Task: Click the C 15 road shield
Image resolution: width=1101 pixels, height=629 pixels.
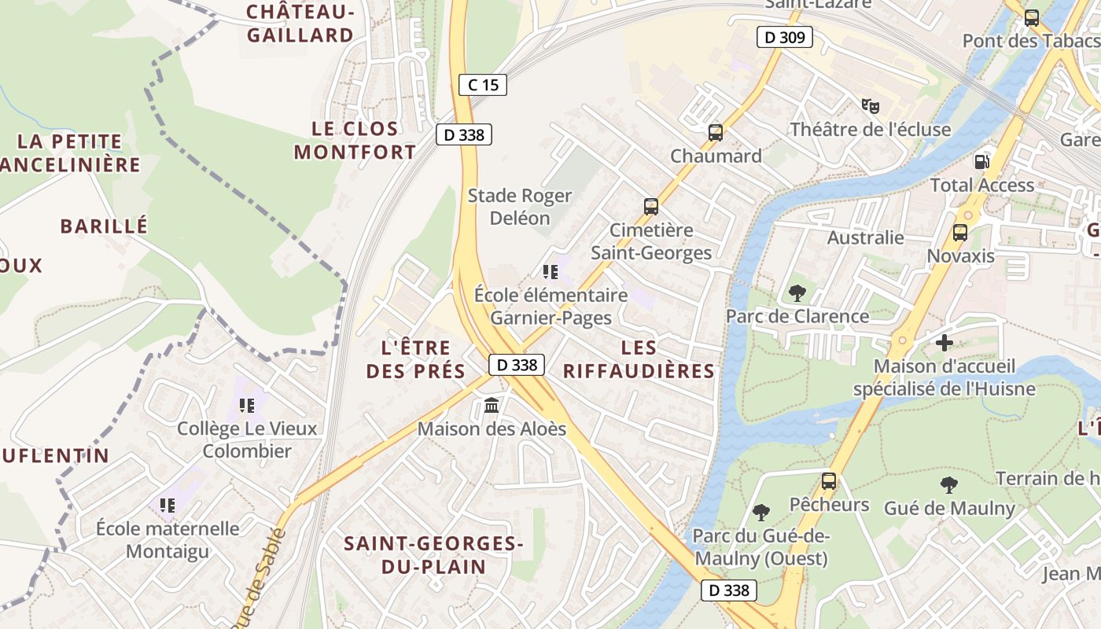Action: click(x=483, y=85)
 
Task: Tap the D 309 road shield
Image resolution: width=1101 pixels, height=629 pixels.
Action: click(x=784, y=37)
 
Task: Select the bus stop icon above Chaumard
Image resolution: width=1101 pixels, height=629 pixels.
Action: click(x=715, y=133)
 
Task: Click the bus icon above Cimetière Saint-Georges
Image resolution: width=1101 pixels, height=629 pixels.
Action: click(x=651, y=207)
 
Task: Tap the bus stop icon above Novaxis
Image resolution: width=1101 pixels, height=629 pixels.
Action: click(x=959, y=233)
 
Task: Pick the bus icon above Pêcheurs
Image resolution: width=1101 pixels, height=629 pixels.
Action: click(x=829, y=481)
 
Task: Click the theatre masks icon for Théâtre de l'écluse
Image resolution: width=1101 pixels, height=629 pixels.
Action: click(x=869, y=106)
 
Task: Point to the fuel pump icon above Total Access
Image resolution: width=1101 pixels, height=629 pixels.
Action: click(x=981, y=161)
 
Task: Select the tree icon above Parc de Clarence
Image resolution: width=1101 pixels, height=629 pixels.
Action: click(x=797, y=293)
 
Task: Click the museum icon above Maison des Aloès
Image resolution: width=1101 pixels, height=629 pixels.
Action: click(x=492, y=406)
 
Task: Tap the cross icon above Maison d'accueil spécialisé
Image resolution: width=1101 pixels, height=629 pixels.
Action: click(x=944, y=343)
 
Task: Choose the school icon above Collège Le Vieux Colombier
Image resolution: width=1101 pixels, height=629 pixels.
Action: click(x=246, y=406)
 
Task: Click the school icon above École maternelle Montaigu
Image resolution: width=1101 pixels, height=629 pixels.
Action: click(x=167, y=506)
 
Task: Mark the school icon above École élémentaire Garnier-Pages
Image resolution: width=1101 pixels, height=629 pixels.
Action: click(x=550, y=272)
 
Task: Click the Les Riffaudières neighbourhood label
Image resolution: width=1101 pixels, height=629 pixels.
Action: click(x=639, y=359)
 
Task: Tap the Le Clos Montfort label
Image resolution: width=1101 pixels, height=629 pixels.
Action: click(x=355, y=141)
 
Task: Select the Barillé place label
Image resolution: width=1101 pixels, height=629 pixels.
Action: click(x=104, y=226)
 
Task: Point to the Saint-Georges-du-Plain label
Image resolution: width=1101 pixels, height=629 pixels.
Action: click(x=433, y=554)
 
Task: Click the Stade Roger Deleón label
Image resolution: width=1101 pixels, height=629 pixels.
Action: click(x=520, y=207)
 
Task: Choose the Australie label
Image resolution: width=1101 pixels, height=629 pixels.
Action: click(x=865, y=237)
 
